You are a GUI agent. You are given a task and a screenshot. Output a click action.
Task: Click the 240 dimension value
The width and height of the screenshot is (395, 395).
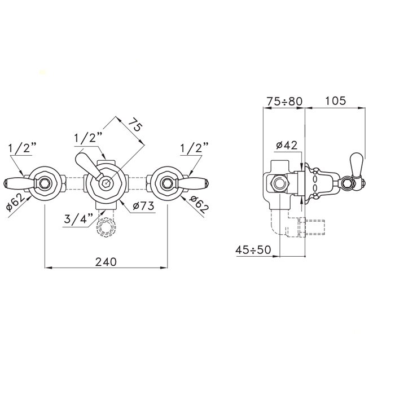[106, 262]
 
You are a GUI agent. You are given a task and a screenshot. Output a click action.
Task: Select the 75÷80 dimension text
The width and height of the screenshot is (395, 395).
[284, 102]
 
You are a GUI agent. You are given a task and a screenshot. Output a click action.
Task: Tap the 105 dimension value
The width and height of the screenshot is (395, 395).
[336, 101]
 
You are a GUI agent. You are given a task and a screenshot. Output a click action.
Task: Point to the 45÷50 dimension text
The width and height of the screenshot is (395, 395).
[253, 250]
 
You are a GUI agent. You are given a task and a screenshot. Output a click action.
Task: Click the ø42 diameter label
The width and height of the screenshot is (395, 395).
[287, 145]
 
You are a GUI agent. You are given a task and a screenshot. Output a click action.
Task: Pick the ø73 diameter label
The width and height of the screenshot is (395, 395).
[143, 206]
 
